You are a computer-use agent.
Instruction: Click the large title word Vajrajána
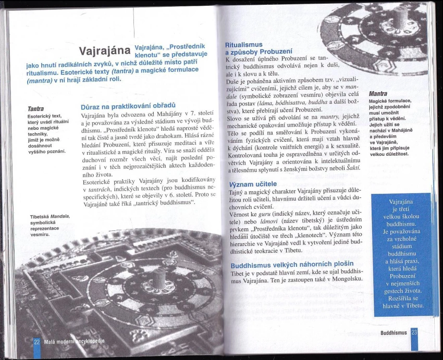point(105,52)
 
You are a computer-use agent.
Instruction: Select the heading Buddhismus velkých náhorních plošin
point(292,265)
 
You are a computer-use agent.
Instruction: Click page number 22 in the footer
point(36,342)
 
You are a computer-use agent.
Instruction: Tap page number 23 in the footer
point(414,333)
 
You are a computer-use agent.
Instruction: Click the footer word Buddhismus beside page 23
point(395,333)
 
